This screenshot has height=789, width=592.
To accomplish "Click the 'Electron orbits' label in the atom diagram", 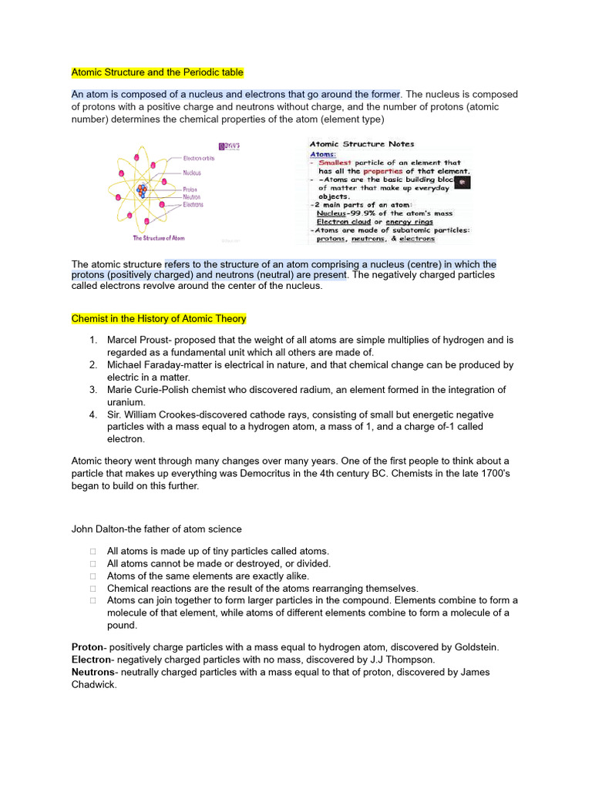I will point(199,158).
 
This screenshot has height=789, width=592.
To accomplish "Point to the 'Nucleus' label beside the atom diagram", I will point(193,173).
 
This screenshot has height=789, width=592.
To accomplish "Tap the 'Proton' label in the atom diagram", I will point(190,190).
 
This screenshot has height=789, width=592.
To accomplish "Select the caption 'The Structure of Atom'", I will point(159,238).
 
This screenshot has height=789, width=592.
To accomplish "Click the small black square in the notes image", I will point(462,182).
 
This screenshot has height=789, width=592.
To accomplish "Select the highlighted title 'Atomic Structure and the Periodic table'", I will point(157,72).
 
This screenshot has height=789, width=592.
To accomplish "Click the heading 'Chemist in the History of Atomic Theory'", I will point(159,318).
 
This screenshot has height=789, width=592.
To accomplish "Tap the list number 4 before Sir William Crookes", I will point(92,415).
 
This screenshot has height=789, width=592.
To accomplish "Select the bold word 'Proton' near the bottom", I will point(87,647).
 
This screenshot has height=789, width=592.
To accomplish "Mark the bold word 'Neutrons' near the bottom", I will point(92,672).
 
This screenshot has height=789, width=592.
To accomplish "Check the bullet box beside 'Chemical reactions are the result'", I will point(92,588).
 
